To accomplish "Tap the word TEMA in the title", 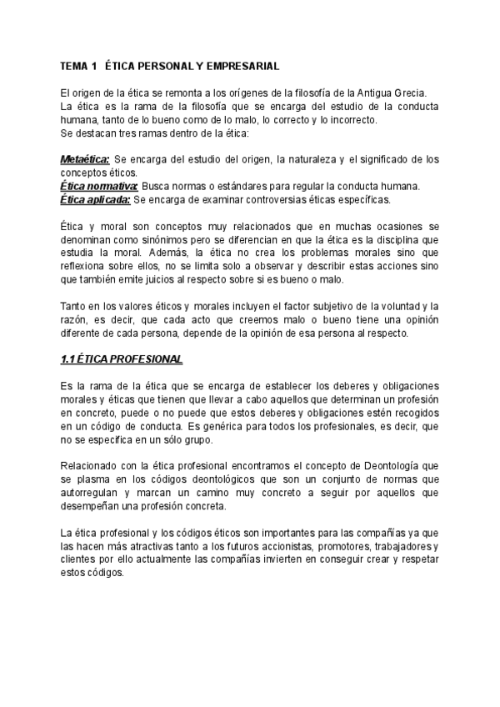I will tap(76, 65).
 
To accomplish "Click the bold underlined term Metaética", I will tap(84, 159).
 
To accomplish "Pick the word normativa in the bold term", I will tap(114, 186).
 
